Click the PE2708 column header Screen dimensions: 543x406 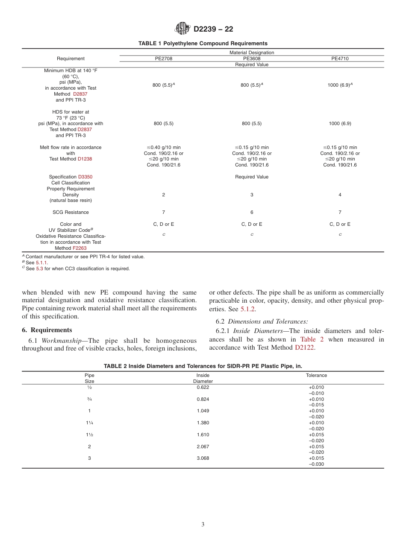[x=163, y=59]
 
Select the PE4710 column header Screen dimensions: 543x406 [x=340, y=59]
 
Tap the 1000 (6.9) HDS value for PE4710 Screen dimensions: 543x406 [x=340, y=123]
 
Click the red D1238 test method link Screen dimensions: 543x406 [x=85, y=159]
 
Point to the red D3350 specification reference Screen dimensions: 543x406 [x=85, y=177]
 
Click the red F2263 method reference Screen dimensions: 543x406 [x=79, y=248]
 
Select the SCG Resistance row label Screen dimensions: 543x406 [x=71, y=212]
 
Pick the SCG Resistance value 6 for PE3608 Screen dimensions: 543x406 [x=252, y=212]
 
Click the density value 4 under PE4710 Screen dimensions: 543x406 [x=340, y=195]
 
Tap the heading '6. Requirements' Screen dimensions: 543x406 [x=47, y=330]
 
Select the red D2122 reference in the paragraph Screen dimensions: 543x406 [x=304, y=348]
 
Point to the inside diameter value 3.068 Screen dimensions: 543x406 [x=203, y=458]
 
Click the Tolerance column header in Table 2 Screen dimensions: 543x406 [x=316, y=376]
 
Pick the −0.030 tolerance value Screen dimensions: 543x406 [x=316, y=464]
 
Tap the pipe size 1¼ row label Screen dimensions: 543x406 [x=89, y=423]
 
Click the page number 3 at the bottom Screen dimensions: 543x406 [x=203, y=525]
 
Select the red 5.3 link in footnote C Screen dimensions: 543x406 [x=39, y=269]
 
